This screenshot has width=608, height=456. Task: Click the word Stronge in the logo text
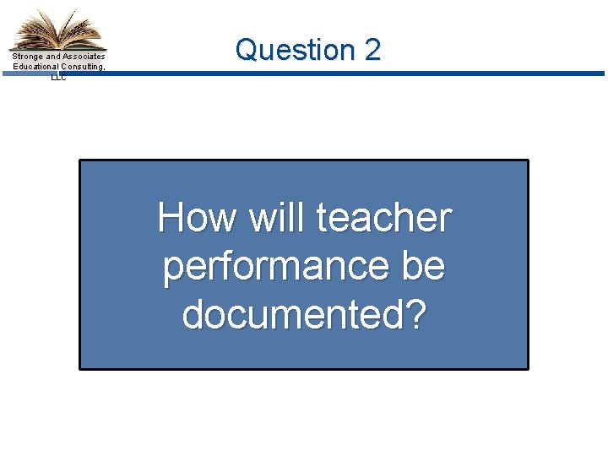coord(28,57)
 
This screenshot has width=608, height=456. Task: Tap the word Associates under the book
coord(84,57)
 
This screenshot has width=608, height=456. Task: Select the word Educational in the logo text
coord(35,67)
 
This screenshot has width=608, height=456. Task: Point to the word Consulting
coord(83,67)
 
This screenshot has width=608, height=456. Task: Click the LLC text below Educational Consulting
coord(58,76)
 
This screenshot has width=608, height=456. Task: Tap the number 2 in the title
coord(372,50)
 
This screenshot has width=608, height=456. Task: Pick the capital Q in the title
coord(246,50)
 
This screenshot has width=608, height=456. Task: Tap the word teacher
coord(384,218)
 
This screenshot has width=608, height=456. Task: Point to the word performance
coord(279,267)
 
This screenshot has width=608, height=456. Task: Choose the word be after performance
coord(424,267)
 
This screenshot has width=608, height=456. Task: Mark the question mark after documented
coord(417,315)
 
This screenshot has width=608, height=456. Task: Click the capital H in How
coord(171,218)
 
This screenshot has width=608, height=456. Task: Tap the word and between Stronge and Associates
coord(53,57)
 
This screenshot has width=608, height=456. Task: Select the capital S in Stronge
coord(14,57)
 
